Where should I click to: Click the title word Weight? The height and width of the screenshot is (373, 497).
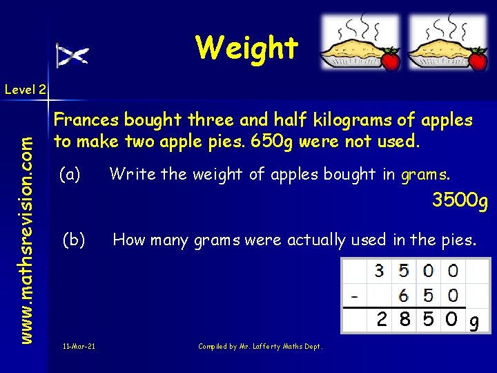[246, 48]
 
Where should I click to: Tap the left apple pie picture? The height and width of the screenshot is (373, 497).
[360, 43]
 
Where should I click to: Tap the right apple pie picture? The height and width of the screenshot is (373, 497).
[447, 43]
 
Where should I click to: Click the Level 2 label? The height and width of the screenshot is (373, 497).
[25, 89]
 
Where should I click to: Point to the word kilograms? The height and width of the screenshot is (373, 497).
[352, 119]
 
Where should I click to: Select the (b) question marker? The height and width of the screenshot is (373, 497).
[74, 240]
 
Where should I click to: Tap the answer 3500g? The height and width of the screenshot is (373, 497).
[460, 201]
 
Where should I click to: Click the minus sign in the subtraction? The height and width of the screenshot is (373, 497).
[354, 296]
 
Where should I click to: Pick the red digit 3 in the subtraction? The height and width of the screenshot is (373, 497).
[380, 271]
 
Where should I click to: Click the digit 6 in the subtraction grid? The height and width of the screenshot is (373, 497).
[405, 295]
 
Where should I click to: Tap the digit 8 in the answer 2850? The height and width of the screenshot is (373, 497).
[405, 319]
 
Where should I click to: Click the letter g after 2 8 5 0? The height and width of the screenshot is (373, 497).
[474, 321]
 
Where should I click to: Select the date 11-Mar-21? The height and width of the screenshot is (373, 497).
[79, 345]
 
